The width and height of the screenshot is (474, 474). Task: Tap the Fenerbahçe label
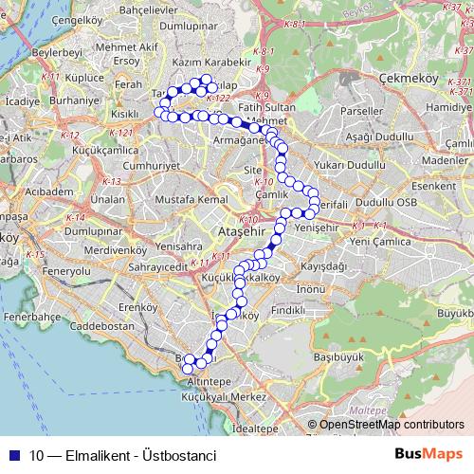pos(32,316)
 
